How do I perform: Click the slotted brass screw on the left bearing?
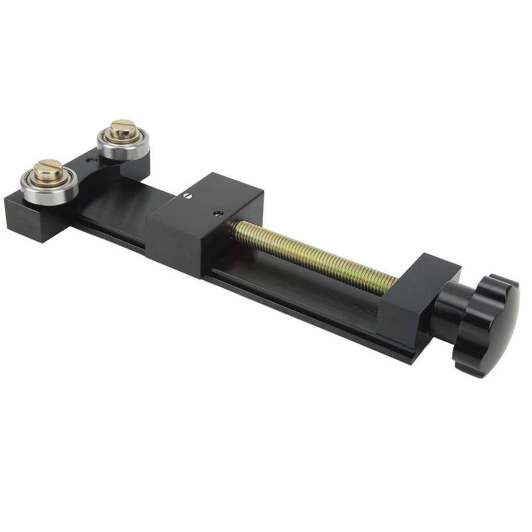48,170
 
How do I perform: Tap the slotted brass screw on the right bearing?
123,130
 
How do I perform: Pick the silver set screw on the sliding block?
187,196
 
